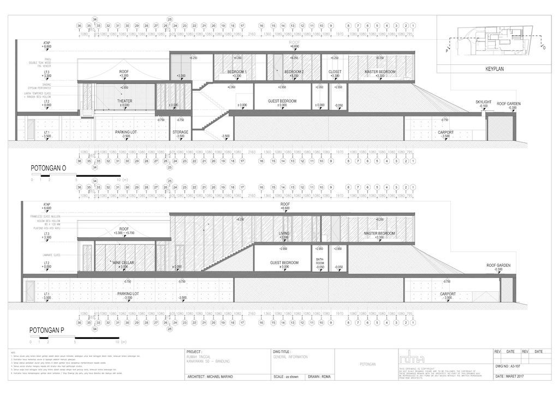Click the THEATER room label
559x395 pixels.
124,101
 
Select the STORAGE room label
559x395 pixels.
180,132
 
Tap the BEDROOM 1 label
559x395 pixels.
237,72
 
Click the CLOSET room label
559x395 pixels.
335,72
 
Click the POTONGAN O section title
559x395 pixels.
48,170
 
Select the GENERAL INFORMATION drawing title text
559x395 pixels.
290,357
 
